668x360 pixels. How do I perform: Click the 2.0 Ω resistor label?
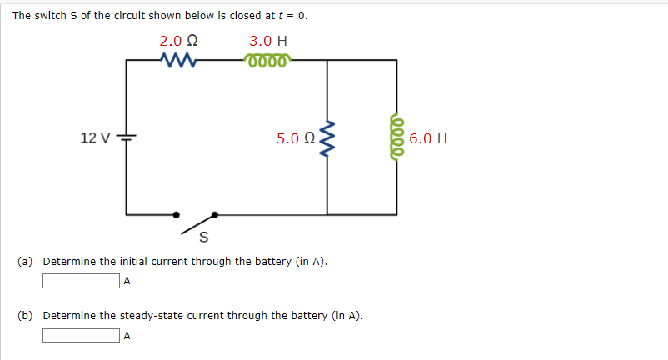pos(178,41)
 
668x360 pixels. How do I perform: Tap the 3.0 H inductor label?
pos(268,41)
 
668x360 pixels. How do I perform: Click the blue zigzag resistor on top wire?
pos(178,60)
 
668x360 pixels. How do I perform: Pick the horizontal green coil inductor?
pos(267,60)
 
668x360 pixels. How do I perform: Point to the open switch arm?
pos(201,220)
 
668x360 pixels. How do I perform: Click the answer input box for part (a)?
pos(82,281)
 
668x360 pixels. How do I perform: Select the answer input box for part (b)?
pos(82,336)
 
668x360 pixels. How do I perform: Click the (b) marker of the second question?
pos(26,317)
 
